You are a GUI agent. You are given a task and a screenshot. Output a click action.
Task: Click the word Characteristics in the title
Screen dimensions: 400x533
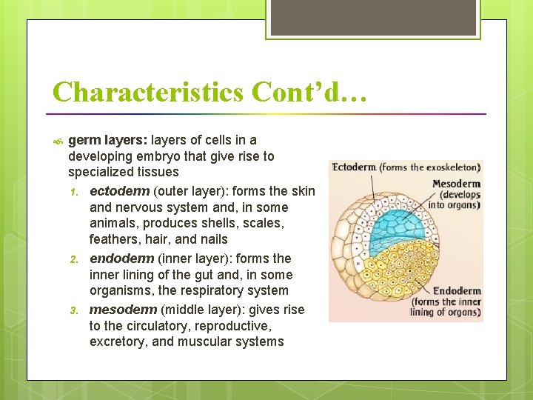[x=148, y=92]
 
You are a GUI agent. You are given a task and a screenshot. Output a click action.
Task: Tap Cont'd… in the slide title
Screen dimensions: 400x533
[x=309, y=92]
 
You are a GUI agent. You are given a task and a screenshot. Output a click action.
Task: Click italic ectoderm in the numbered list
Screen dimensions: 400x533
[x=119, y=191]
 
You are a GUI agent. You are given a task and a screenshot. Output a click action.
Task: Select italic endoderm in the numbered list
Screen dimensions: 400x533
[x=120, y=259]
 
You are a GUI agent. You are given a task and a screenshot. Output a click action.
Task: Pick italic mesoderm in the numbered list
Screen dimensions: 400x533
[x=121, y=309]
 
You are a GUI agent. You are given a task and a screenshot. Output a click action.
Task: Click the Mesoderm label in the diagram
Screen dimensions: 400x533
[x=456, y=184]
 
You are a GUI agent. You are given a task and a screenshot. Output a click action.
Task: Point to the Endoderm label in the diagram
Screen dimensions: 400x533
[x=457, y=291]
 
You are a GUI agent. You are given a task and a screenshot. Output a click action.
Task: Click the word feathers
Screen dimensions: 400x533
[x=113, y=239]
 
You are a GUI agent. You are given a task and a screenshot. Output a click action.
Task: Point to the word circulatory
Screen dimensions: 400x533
[x=138, y=325]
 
